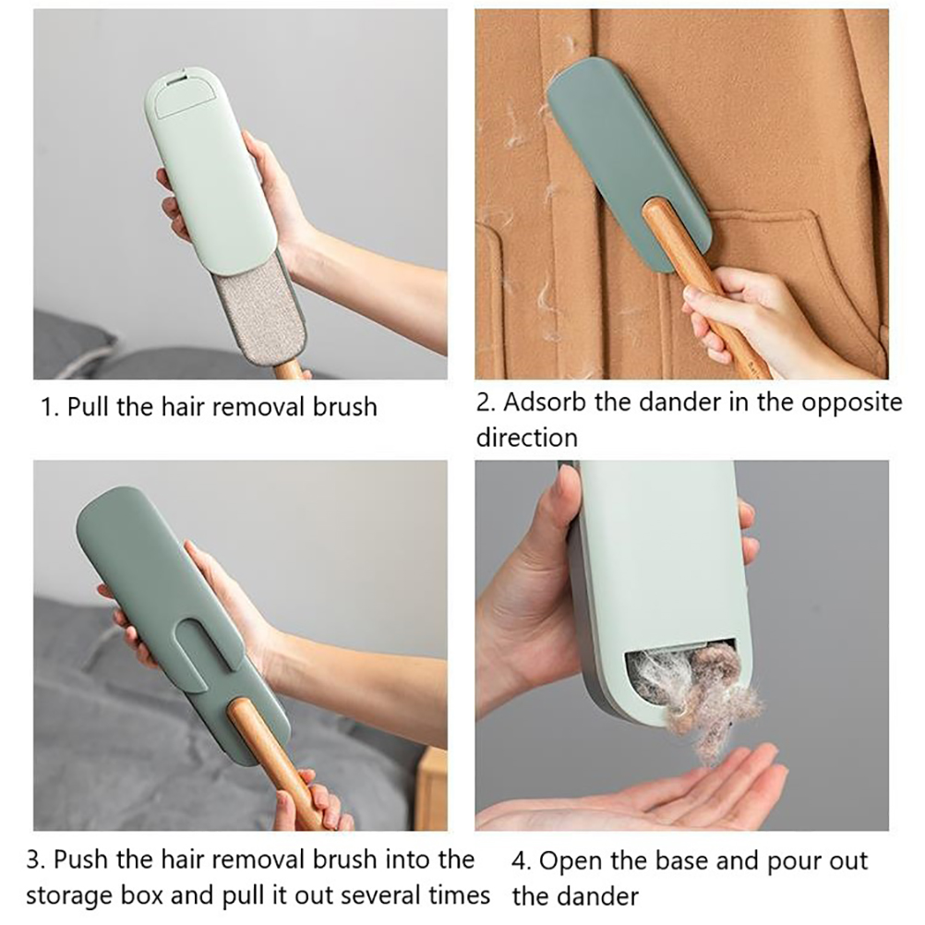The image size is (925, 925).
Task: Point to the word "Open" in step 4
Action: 569,862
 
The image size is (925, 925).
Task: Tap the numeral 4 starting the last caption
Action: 521,862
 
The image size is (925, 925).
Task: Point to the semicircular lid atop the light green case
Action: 186,92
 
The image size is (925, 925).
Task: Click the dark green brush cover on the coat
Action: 630,165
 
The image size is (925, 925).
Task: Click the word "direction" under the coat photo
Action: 527,438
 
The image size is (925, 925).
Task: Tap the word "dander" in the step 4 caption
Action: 596,897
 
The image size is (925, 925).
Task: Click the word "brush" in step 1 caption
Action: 345,407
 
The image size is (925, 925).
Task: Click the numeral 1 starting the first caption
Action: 49,408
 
